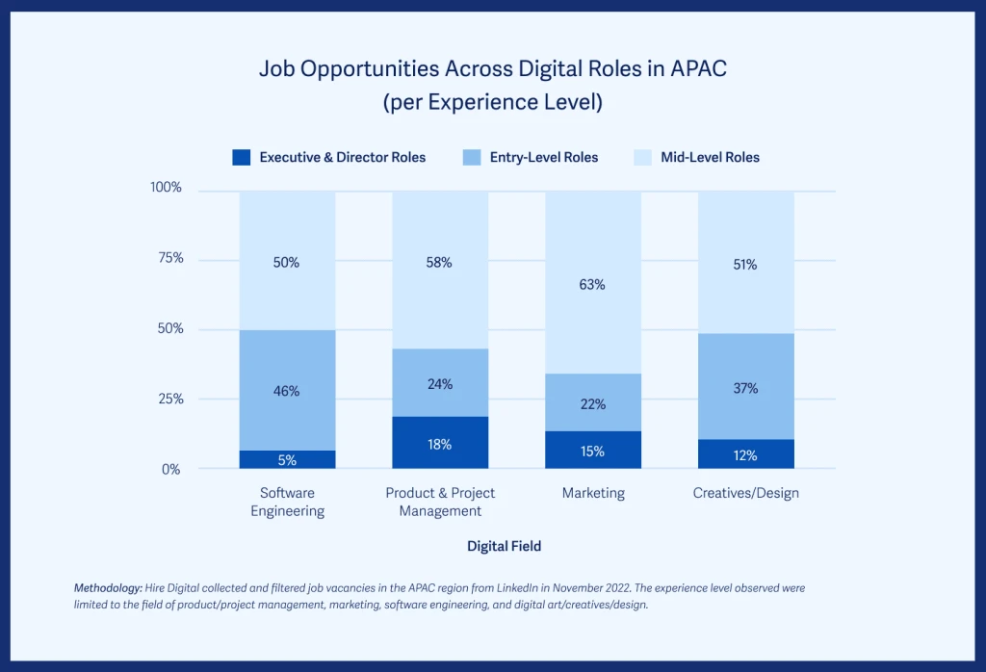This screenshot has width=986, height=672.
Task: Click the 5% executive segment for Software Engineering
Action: pyautogui.click(x=287, y=459)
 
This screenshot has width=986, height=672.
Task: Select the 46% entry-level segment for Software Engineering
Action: pyautogui.click(x=287, y=391)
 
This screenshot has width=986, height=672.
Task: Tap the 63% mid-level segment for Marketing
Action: pyautogui.click(x=592, y=284)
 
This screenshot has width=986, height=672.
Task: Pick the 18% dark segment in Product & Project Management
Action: pyautogui.click(x=439, y=444)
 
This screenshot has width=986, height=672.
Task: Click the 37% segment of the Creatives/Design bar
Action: pyautogui.click(x=745, y=388)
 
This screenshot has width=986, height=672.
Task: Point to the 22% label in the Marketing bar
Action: pyautogui.click(x=593, y=404)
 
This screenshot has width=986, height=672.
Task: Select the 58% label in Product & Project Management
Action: pyautogui.click(x=439, y=263)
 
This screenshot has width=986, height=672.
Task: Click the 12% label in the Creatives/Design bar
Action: pyautogui.click(x=745, y=455)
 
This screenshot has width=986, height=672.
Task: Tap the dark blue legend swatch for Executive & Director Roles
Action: pyautogui.click(x=242, y=157)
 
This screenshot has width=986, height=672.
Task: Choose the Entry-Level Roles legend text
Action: pyautogui.click(x=544, y=157)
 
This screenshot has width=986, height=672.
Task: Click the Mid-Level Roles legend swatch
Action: pyautogui.click(x=642, y=157)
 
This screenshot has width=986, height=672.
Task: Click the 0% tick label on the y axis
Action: pyautogui.click(x=170, y=469)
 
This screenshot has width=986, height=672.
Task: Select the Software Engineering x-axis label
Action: pyautogui.click(x=287, y=502)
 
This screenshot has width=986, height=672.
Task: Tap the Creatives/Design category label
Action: pyautogui.click(x=745, y=493)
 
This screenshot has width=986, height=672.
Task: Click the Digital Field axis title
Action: pyautogui.click(x=504, y=546)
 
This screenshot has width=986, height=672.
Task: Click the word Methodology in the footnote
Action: pyautogui.click(x=107, y=587)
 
